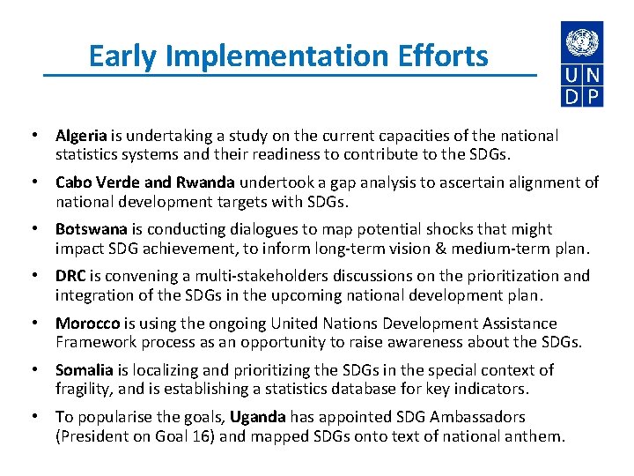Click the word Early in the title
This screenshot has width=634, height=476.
point(123,56)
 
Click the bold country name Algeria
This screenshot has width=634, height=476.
point(81,136)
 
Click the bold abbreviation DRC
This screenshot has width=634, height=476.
point(70,276)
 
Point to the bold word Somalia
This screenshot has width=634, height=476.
point(84,370)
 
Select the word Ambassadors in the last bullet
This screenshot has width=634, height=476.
point(476,417)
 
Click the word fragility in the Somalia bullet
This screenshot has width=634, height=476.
point(84,389)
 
